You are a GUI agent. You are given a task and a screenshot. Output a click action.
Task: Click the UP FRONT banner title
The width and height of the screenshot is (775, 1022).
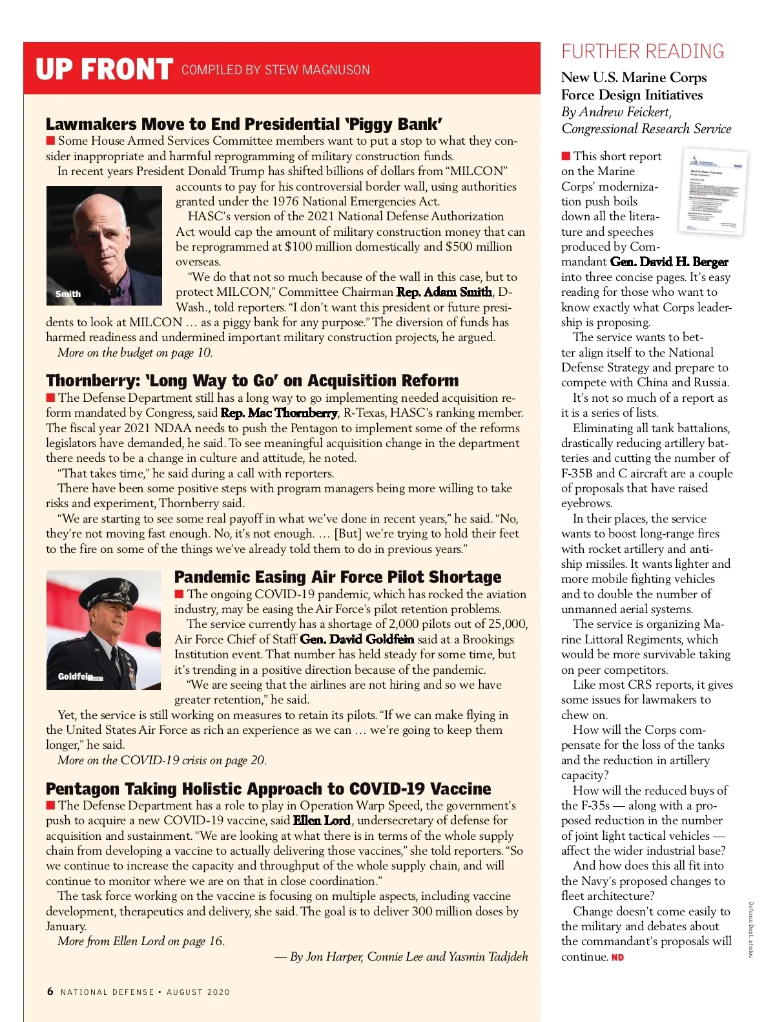[104, 69]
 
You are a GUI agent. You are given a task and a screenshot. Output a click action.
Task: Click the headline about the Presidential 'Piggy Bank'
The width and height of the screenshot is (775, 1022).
[244, 124]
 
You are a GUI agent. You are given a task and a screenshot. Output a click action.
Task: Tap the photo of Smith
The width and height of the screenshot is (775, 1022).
[104, 245]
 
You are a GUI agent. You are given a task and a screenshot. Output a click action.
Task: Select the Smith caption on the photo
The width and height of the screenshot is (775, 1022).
[68, 294]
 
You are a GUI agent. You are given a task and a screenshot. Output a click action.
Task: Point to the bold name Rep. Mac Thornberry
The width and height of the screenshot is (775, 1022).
[279, 413]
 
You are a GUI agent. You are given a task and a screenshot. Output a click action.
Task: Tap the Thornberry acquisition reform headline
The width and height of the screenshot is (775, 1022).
[252, 381]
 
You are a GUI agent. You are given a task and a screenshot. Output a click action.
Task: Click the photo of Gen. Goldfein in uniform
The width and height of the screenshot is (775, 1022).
[103, 630]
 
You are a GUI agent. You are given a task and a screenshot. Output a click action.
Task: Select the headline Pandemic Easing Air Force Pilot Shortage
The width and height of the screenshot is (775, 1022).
[338, 577]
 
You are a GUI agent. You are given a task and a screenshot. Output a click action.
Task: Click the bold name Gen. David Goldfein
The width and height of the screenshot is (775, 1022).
[356, 640]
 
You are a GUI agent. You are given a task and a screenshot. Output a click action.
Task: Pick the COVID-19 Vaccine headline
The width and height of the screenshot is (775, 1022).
[268, 789]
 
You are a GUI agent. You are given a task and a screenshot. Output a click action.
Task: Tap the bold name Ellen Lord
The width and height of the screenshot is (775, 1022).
[322, 820]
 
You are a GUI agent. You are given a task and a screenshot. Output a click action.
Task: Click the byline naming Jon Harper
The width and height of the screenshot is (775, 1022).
[401, 957]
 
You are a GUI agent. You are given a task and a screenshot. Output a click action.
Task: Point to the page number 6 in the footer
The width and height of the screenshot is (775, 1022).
[50, 992]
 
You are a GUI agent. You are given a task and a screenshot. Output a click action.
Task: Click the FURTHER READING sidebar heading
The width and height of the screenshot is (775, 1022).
[643, 52]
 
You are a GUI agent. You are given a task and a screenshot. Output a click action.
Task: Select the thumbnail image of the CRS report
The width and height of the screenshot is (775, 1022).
[713, 193]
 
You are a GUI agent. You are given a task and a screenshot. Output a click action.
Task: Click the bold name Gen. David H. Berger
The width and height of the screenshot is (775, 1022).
[669, 262]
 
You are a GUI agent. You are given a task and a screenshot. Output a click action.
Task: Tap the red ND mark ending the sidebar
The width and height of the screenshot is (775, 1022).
[617, 957]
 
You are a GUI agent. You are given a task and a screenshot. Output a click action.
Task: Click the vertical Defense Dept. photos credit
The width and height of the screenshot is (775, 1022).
[751, 929]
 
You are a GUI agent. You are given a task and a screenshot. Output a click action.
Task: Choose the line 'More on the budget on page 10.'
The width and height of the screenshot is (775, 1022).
[134, 353]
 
